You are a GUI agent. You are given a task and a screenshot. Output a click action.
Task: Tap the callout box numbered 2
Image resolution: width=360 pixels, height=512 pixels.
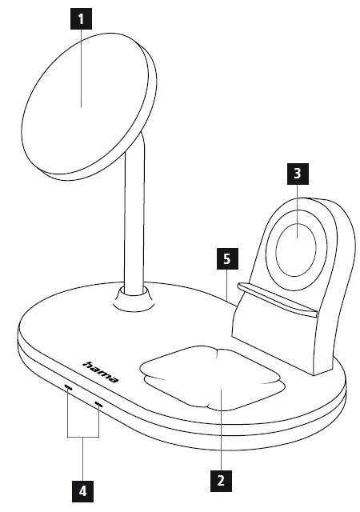[220, 480]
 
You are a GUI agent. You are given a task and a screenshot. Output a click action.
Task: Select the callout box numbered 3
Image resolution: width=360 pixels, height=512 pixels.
[297, 173]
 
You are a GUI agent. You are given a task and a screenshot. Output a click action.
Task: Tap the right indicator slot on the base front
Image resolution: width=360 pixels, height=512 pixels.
[99, 405]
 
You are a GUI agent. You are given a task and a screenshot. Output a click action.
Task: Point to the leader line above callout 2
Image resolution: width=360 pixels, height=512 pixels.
[220, 432]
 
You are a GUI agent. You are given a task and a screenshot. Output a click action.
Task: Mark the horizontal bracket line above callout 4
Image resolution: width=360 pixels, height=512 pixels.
[83, 437]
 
